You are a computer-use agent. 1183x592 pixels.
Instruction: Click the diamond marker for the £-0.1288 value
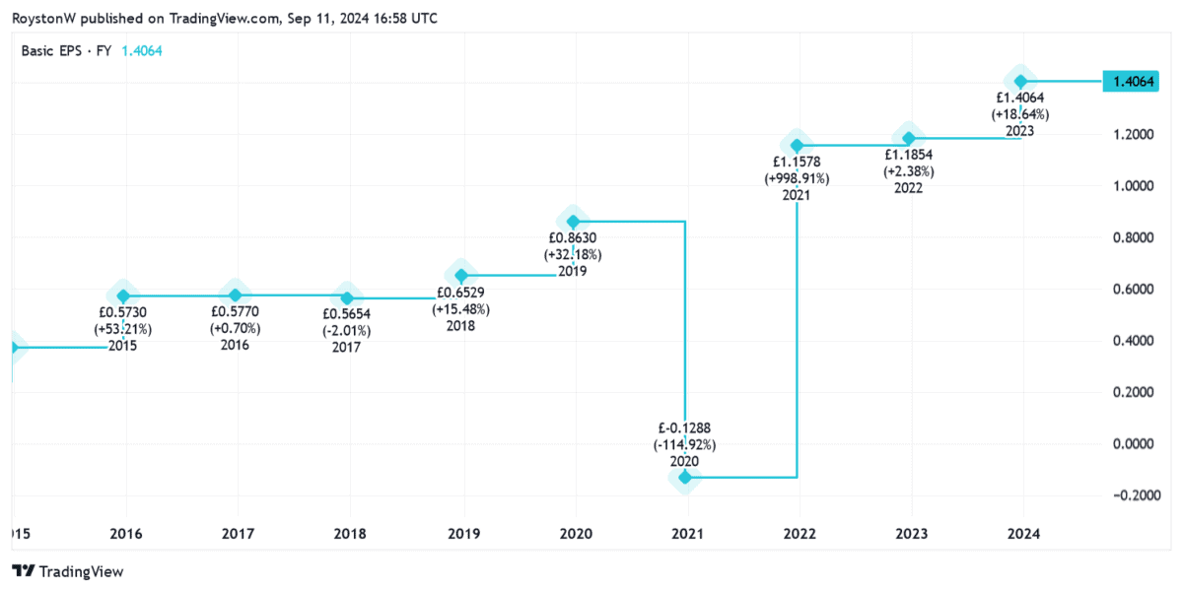tap(684, 477)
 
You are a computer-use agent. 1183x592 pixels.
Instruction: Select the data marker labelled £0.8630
tap(573, 222)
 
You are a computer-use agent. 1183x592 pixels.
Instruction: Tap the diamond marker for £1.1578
tap(797, 146)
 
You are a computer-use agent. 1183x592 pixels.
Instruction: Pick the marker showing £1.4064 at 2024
tap(1021, 81)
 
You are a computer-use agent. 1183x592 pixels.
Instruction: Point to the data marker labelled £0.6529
tap(460, 275)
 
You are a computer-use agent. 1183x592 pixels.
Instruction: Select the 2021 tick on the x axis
tap(686, 533)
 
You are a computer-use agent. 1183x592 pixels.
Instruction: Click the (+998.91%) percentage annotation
tap(797, 178)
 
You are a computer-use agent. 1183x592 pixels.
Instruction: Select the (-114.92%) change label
tap(684, 444)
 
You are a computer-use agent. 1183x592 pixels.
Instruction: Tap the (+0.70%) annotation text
tap(235, 328)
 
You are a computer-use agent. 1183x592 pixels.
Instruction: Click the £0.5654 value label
tap(347, 312)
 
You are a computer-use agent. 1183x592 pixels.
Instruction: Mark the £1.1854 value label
tap(908, 155)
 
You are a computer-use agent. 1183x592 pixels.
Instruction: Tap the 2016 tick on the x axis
tap(125, 533)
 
